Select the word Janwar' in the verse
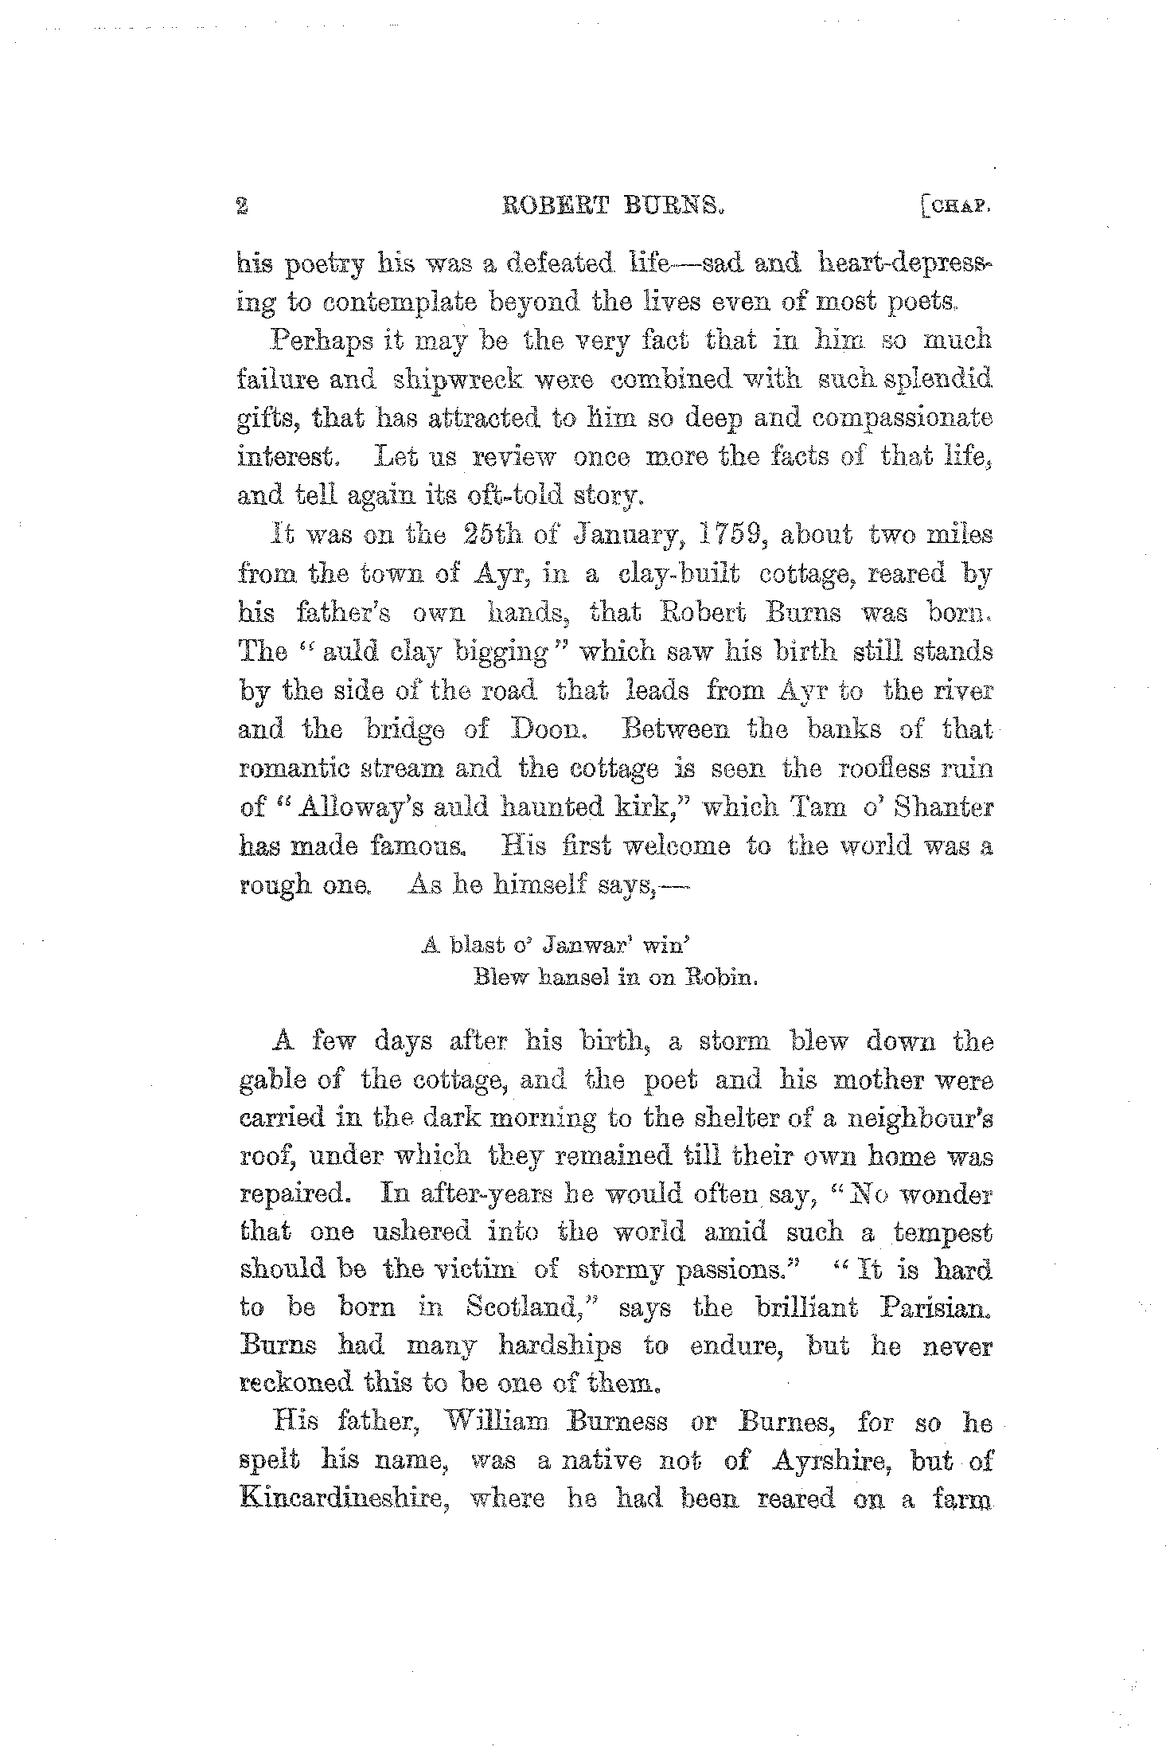[x=583, y=945]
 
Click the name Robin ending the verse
[x=720, y=979]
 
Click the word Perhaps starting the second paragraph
[x=322, y=342]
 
